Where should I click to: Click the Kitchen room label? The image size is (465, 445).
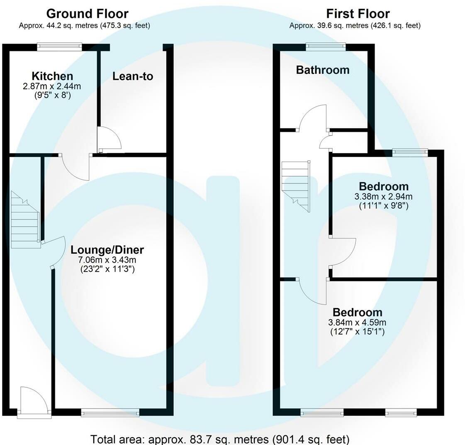pyautogui.click(x=52, y=76)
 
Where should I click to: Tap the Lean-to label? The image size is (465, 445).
pyautogui.click(x=133, y=76)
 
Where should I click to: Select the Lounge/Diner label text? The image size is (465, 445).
pyautogui.click(x=107, y=250)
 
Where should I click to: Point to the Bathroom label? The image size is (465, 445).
pyautogui.click(x=322, y=70)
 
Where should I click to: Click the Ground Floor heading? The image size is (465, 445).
pyautogui.click(x=87, y=14)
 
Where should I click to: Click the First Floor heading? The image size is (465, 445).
pyautogui.click(x=358, y=14)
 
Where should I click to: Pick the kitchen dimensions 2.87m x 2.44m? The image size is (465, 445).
pyautogui.click(x=52, y=87)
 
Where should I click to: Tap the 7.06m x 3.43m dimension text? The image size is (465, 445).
pyautogui.click(x=107, y=260)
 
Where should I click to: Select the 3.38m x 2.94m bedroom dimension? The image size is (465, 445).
pyautogui.click(x=384, y=196)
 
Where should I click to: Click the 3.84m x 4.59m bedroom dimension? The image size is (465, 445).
pyautogui.click(x=357, y=323)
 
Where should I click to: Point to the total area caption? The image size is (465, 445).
pyautogui.click(x=220, y=439)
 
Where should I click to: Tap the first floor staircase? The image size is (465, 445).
pyautogui.click(x=296, y=186)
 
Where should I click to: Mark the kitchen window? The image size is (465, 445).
pyautogui.click(x=59, y=47)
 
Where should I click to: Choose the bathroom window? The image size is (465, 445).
pyautogui.click(x=326, y=47)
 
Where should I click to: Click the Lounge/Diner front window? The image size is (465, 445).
pyautogui.click(x=110, y=412)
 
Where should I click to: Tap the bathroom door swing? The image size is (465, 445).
pyautogui.click(x=313, y=117)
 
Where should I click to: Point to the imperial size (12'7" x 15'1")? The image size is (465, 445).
pyautogui.click(x=357, y=332)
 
